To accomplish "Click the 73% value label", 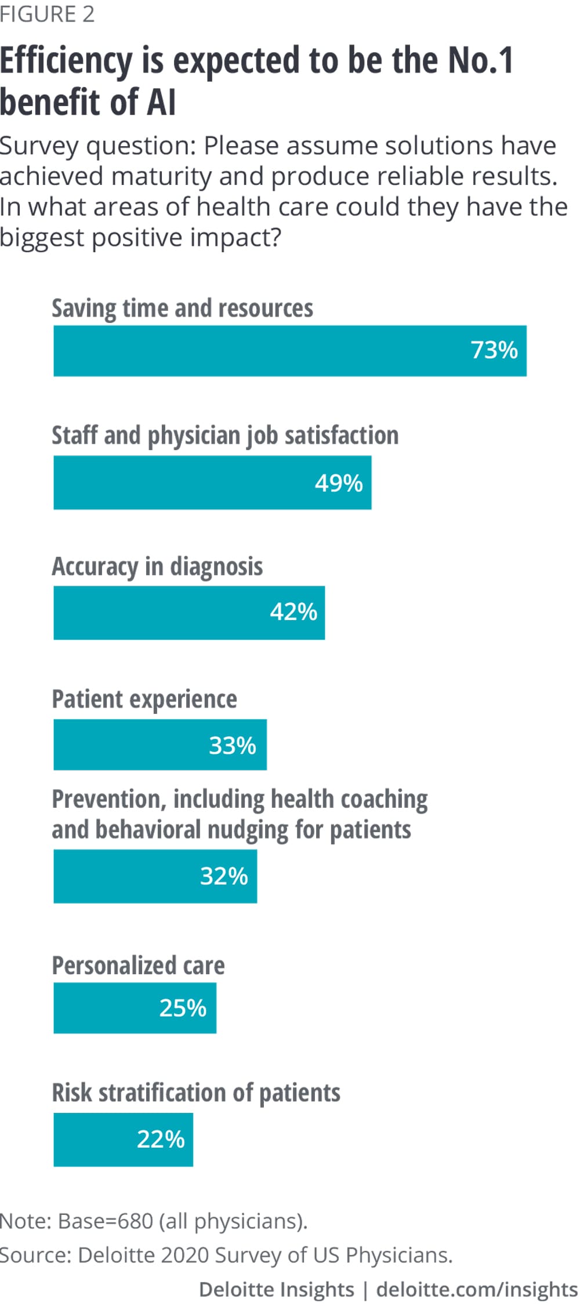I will coord(494,350).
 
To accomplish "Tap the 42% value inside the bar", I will coord(293,612).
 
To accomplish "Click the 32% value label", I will coord(224,876).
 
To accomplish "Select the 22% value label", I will coord(161,1139).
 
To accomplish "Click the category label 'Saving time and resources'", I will coord(182,308).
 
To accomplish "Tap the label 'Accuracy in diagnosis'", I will coord(157,567).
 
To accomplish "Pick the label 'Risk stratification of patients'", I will coord(196,1093).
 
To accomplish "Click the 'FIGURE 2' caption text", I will coord(47,14).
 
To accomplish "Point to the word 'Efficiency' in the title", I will coord(66,61).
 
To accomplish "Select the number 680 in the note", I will coord(135,1221).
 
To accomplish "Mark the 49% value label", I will coord(339,483).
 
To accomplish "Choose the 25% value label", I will coord(183,1008).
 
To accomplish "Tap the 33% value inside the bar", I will coord(232,745).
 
